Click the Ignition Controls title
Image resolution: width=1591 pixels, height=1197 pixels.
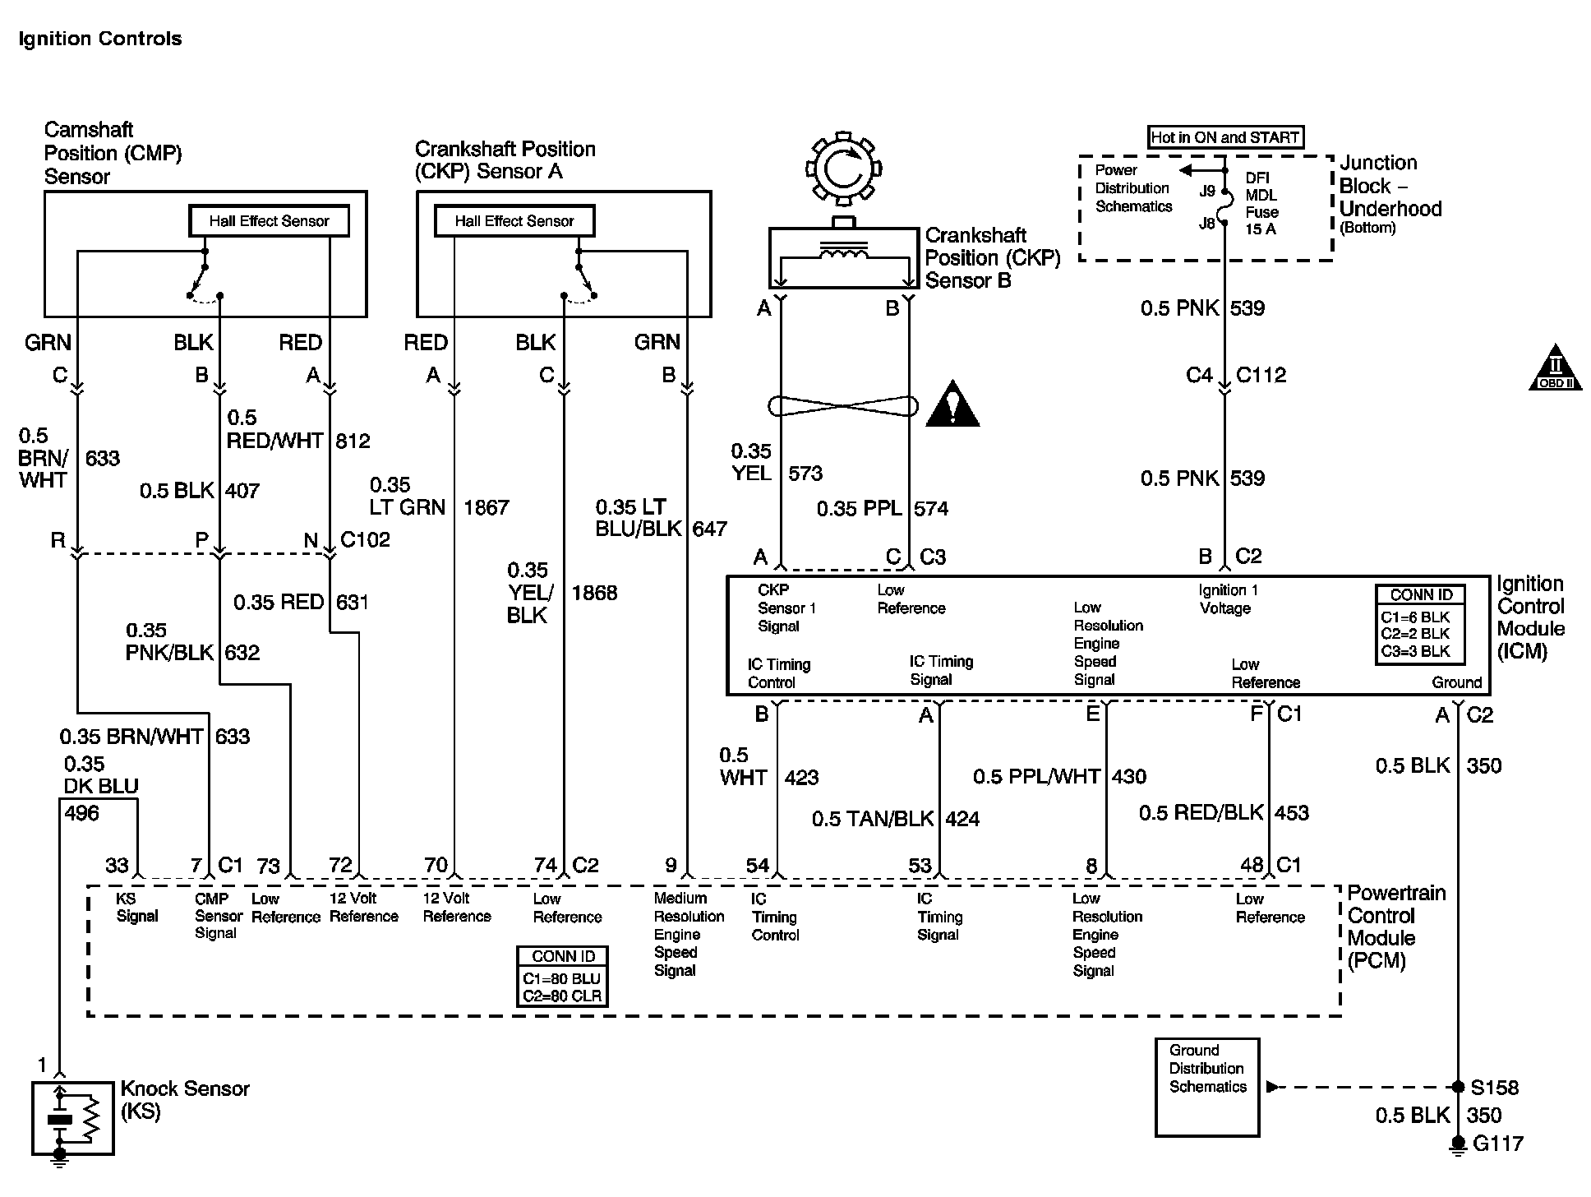click(99, 39)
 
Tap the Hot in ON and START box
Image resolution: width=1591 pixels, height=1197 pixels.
click(1224, 137)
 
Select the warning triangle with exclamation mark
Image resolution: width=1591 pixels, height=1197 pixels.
click(952, 404)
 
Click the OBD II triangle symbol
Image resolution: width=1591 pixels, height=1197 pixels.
click(1555, 368)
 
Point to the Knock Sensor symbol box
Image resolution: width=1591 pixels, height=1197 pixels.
click(72, 1118)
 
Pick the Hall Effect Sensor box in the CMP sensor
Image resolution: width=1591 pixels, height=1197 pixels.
click(269, 220)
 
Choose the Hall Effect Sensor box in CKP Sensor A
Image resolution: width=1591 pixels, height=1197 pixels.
click(514, 220)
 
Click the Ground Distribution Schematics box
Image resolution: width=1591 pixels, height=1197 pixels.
click(1206, 1087)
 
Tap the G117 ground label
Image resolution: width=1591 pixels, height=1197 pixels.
click(1498, 1144)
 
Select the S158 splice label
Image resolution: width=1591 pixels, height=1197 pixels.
click(1494, 1088)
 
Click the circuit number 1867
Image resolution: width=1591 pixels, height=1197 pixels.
click(487, 507)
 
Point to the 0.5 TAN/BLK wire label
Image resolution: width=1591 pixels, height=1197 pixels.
click(873, 819)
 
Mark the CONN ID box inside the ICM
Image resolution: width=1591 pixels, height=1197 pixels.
click(1422, 624)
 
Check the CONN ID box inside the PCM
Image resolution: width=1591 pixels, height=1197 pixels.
click(563, 976)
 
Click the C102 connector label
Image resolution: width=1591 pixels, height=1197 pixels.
click(365, 540)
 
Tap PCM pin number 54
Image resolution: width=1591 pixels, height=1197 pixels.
click(757, 865)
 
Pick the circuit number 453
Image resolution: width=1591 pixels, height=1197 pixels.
click(1291, 813)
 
